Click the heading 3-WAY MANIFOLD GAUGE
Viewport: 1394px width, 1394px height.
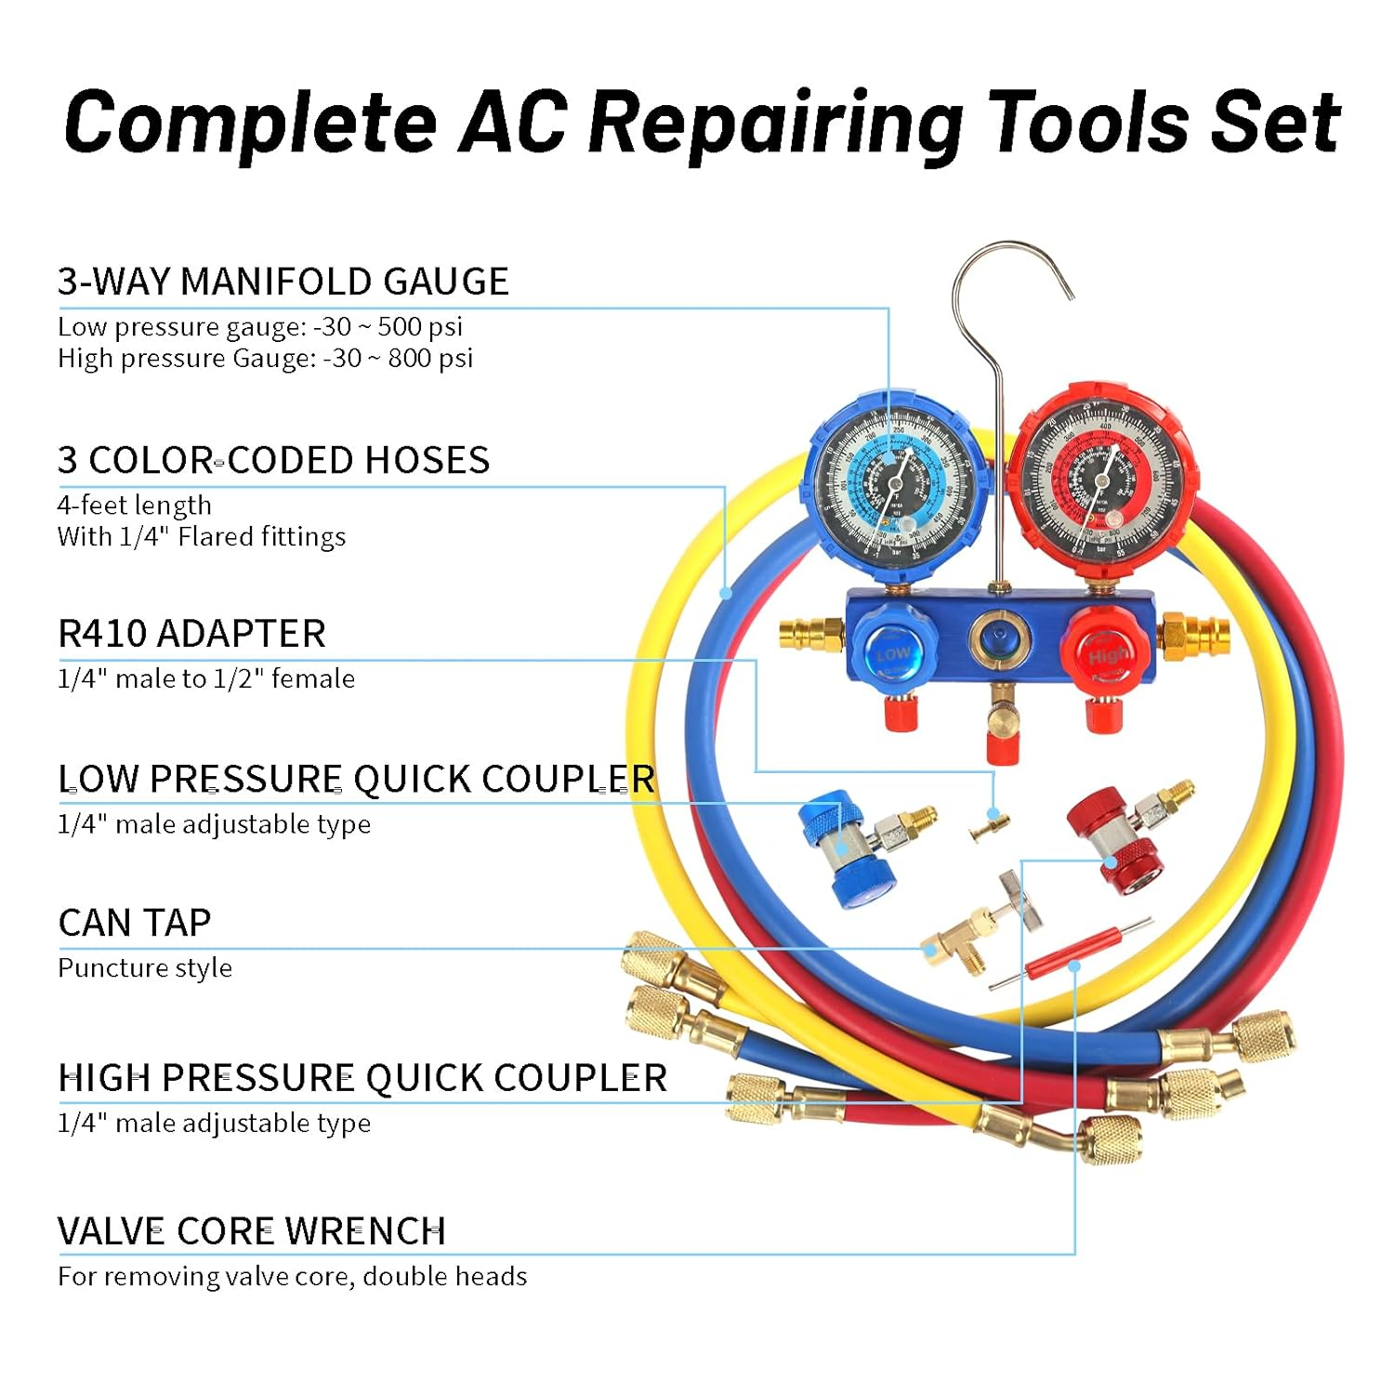tap(283, 282)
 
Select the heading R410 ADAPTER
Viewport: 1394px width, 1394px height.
tap(191, 634)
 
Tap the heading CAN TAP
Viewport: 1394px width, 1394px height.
tap(135, 923)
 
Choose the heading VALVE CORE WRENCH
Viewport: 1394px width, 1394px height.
tap(251, 1231)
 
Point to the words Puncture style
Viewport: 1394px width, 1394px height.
tap(145, 968)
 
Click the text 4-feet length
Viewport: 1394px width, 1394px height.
tap(135, 506)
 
